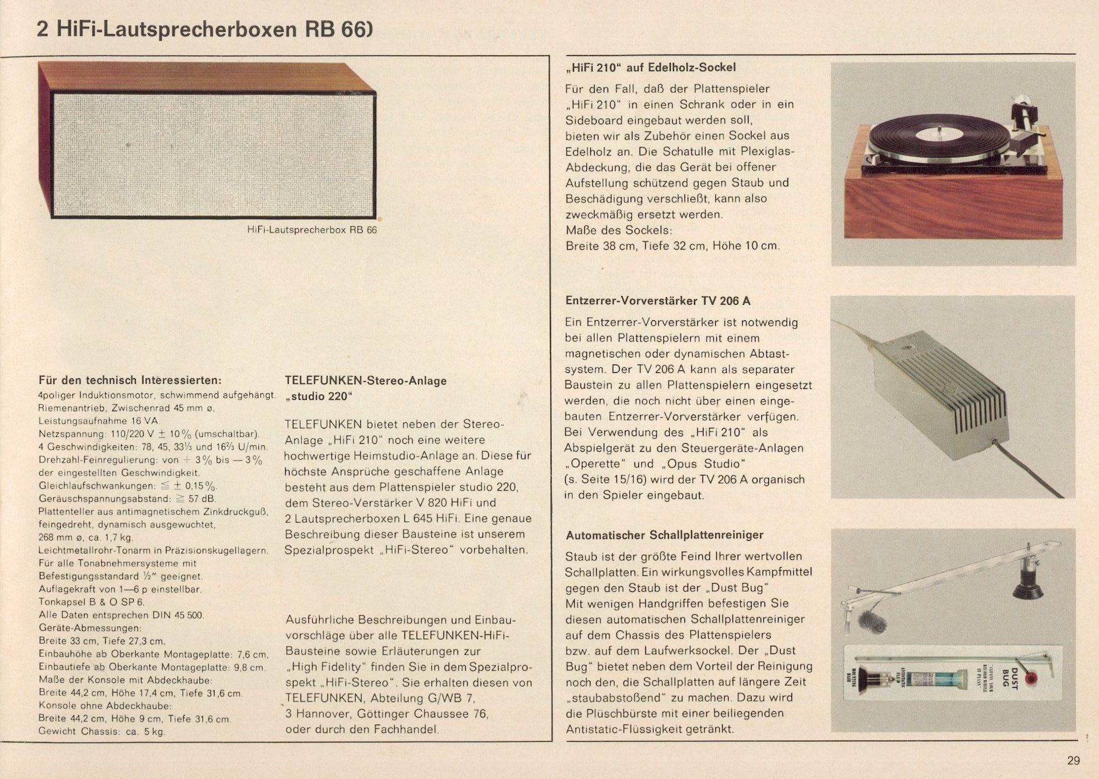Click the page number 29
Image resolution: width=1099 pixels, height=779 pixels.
[1073, 760]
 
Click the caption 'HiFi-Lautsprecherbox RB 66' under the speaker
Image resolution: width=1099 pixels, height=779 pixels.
[312, 229]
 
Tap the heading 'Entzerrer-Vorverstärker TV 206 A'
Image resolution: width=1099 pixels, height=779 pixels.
[657, 300]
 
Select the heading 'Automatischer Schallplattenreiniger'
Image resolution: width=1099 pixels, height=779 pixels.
[665, 534]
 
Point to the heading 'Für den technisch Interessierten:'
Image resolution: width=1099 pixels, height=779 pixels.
[130, 380]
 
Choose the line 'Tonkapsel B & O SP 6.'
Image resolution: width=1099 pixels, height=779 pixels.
[92, 602]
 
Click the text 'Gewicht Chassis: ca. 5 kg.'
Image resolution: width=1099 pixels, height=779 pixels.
[101, 731]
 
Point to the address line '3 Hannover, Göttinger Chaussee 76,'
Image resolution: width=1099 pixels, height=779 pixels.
[387, 714]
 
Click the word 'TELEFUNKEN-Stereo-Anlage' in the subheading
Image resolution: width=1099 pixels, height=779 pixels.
[365, 381]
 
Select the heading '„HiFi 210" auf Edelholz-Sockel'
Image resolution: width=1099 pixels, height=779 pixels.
[650, 67]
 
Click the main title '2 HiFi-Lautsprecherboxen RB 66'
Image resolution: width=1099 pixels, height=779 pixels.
[204, 29]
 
